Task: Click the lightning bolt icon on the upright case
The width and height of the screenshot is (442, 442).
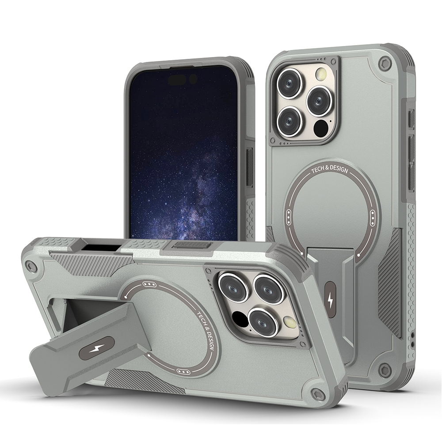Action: (330, 301)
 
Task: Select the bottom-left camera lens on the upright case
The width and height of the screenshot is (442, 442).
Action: (290, 121)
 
